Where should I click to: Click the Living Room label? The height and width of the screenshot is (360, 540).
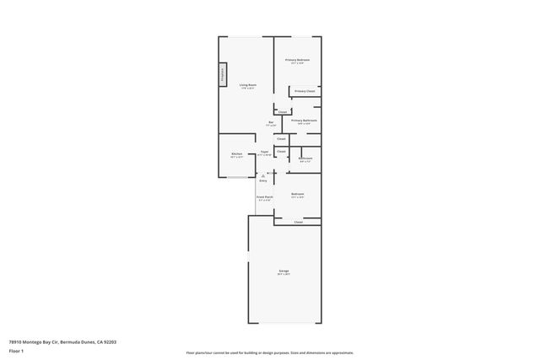coord(247,84)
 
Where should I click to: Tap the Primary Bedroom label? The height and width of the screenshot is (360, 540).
coord(297,60)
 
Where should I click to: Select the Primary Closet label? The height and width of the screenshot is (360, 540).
coord(305,90)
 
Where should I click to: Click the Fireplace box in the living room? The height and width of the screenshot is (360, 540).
coord(224,75)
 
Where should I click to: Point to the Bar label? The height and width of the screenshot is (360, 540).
coord(272,123)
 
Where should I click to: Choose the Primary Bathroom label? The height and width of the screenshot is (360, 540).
coord(305,120)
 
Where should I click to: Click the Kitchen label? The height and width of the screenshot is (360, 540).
coord(237,153)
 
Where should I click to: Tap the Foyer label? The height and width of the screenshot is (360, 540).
coord(264,152)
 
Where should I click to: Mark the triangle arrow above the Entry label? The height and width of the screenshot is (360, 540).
coord(263,175)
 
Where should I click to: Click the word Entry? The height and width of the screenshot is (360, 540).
coord(263,180)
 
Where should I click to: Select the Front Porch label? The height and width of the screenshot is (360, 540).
coord(264,196)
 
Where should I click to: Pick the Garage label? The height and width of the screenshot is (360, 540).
coord(283,271)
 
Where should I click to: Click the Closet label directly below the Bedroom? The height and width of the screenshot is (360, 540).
coord(298,223)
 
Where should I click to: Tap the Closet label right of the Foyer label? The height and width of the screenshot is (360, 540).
coord(281,152)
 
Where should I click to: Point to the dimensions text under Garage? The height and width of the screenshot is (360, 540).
coord(283,274)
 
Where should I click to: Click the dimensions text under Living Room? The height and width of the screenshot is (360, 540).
coord(247,88)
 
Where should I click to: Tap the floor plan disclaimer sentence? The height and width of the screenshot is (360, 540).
coord(269,352)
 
